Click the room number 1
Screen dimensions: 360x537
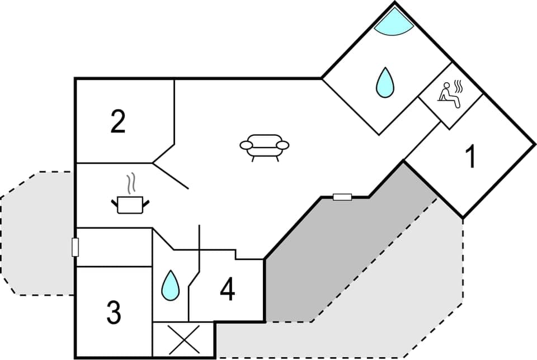472,157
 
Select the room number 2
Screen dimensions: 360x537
117,122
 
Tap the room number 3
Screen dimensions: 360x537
114,312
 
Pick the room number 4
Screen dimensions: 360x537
227,289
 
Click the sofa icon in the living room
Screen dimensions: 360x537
265,146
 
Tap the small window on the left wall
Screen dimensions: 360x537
75,247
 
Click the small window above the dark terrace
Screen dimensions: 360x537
342,197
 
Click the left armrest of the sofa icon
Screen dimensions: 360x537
246,146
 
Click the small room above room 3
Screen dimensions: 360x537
114,247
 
